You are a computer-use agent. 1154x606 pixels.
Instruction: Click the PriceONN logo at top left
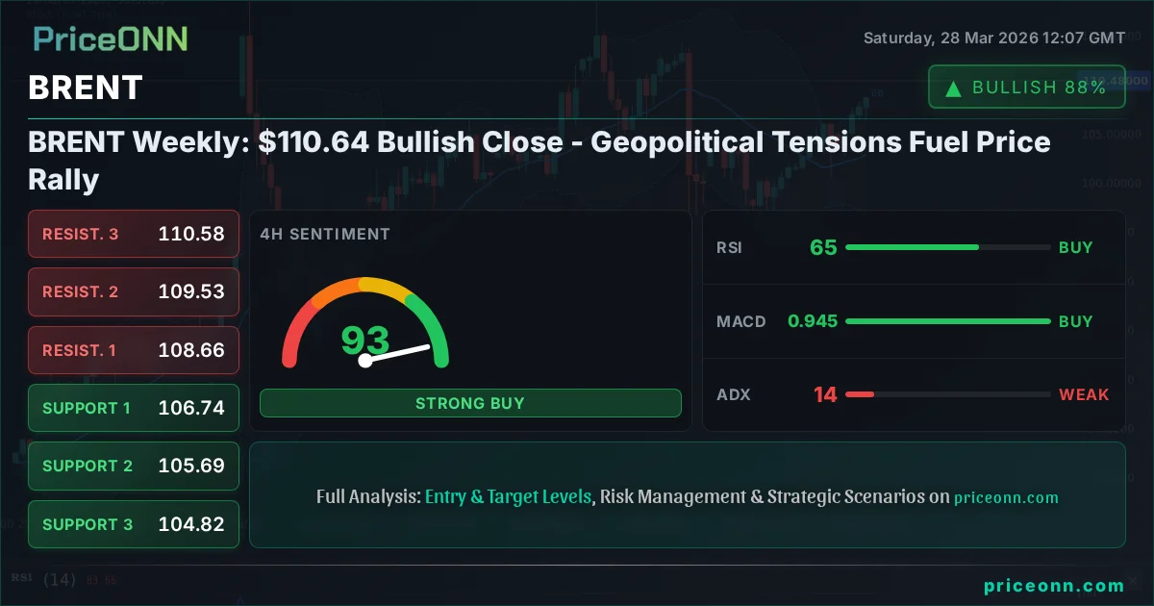click(x=111, y=39)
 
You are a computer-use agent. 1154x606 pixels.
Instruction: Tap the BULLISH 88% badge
click(x=1026, y=88)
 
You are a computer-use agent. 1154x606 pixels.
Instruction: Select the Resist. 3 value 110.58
click(x=191, y=234)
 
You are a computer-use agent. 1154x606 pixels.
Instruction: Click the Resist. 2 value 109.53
click(x=191, y=291)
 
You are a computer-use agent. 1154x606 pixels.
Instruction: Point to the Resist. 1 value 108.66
click(x=191, y=350)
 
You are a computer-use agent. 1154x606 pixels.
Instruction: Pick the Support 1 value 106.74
click(x=191, y=408)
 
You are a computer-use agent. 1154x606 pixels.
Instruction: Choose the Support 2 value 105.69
click(x=191, y=466)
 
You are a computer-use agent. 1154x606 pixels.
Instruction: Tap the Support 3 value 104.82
click(x=191, y=524)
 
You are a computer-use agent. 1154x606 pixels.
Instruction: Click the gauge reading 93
click(x=365, y=340)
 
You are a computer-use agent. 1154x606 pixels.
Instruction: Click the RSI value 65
click(x=823, y=247)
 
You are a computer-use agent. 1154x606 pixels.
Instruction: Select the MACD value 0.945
click(x=813, y=321)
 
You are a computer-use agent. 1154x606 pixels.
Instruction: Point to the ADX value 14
click(x=825, y=394)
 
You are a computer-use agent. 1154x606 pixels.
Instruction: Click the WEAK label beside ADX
click(x=1084, y=394)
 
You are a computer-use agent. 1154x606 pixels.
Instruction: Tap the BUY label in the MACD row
click(x=1075, y=321)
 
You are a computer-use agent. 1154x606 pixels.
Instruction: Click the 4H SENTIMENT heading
click(x=325, y=234)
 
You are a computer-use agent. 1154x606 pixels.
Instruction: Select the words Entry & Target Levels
click(x=508, y=496)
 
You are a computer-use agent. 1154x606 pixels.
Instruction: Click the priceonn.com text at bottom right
click(x=1054, y=585)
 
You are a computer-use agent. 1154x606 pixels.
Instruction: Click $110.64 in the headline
click(x=314, y=142)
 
